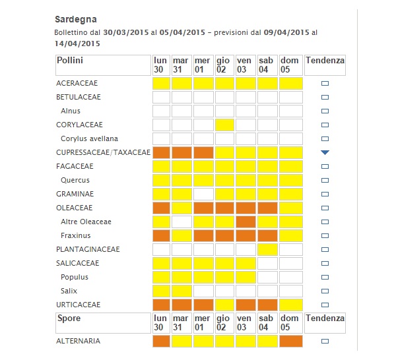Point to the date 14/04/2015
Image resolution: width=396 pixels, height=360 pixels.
click(77, 44)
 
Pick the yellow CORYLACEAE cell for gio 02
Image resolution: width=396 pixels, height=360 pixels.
click(224, 125)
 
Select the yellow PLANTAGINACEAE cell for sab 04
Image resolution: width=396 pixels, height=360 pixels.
click(267, 249)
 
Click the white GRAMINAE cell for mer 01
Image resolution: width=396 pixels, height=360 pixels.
click(203, 194)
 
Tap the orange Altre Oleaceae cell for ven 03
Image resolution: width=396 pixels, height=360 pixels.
click(246, 222)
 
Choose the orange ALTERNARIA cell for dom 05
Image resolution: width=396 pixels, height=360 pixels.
click(290, 341)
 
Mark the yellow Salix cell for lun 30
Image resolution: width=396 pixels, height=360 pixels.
click(161, 291)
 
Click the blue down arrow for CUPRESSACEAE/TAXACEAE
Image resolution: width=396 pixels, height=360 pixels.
click(325, 152)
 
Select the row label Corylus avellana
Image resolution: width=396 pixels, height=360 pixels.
click(89, 138)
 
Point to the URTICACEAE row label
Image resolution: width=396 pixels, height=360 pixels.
click(78, 305)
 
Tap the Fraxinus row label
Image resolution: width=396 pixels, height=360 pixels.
click(75, 235)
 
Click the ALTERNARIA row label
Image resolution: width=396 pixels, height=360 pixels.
click(79, 342)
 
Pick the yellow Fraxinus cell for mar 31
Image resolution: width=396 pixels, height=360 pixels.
click(181, 235)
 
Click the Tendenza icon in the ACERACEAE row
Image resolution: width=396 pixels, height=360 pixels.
click(325, 84)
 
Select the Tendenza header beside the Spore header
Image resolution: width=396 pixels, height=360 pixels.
click(325, 318)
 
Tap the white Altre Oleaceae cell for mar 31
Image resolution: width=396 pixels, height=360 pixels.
click(181, 222)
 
